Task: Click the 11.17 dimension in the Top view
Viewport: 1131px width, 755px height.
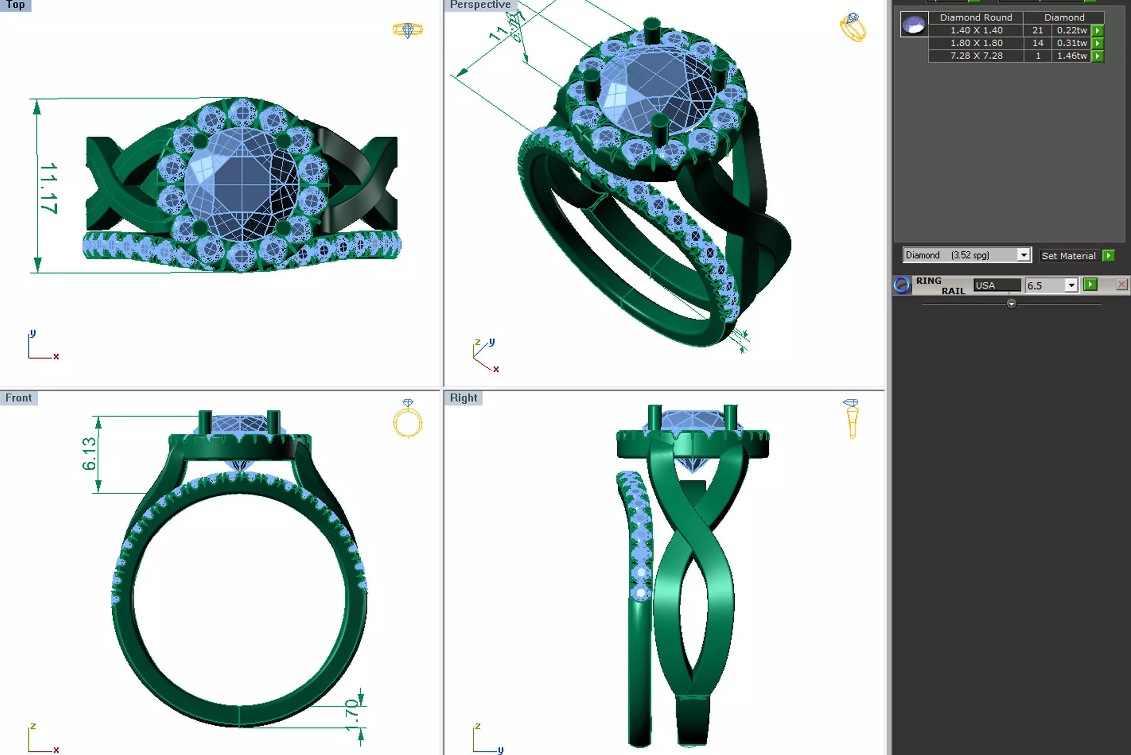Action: (x=49, y=188)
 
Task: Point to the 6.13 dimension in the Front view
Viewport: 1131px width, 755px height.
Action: (x=89, y=453)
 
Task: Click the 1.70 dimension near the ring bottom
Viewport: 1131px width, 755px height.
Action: (x=352, y=715)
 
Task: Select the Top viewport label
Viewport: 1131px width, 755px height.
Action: (x=15, y=5)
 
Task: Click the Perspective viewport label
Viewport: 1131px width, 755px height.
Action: (x=480, y=5)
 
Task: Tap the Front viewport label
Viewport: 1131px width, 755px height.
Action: (x=18, y=398)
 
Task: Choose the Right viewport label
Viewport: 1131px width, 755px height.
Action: (x=463, y=398)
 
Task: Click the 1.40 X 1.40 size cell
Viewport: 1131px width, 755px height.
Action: (x=976, y=30)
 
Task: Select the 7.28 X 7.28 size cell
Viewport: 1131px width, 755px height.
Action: (x=976, y=56)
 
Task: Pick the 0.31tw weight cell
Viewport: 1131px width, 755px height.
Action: (x=1072, y=43)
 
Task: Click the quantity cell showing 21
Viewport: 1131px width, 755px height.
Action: (x=1038, y=30)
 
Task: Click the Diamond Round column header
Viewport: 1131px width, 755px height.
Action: (x=976, y=17)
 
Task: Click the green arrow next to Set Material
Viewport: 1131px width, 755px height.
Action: (x=1108, y=255)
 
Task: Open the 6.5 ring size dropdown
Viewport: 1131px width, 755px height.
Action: (x=1071, y=285)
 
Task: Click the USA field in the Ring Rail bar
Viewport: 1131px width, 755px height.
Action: (x=996, y=285)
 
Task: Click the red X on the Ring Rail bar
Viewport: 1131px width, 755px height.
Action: (x=1121, y=284)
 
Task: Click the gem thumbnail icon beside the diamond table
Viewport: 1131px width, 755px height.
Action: (x=914, y=24)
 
